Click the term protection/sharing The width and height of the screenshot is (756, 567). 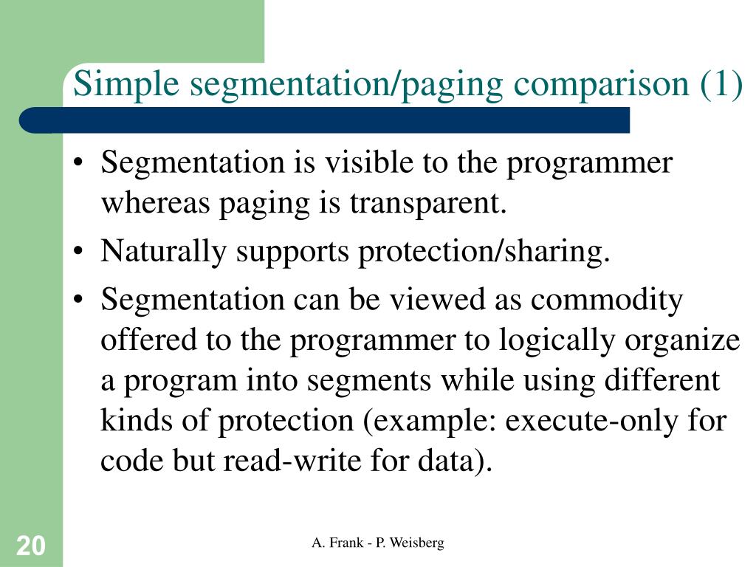[x=484, y=252]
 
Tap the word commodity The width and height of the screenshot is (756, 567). [x=606, y=300]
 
